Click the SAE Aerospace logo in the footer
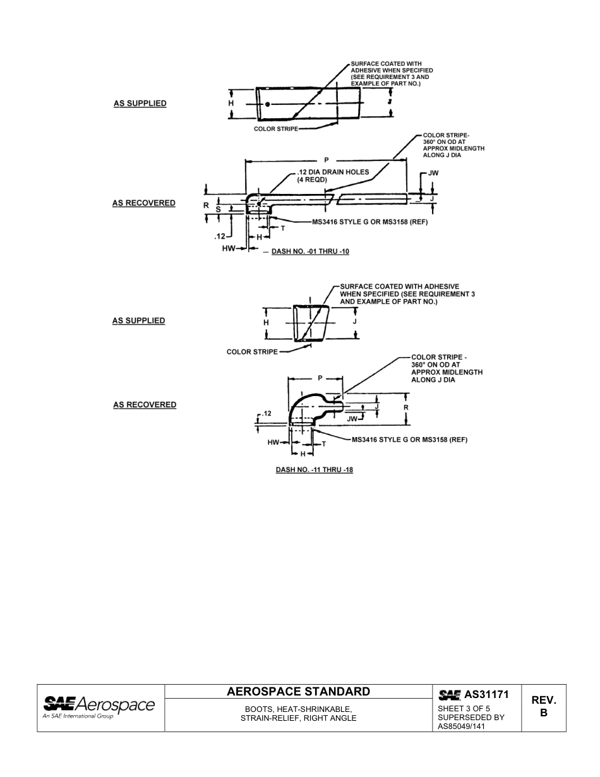[x=99, y=707]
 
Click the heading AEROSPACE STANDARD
[x=298, y=691]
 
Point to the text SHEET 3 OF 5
[x=464, y=708]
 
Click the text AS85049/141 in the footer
[x=462, y=726]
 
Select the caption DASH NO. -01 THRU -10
[x=310, y=251]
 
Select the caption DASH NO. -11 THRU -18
[x=314, y=471]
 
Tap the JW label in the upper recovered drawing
[x=433, y=173]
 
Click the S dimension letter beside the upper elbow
[x=218, y=208]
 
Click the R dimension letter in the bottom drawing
[x=406, y=407]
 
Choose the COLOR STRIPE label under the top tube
[x=275, y=129]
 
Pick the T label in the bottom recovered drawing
[x=324, y=443]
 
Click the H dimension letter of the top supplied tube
[x=231, y=103]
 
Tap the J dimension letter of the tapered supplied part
[x=355, y=322]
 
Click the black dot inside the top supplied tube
[x=268, y=104]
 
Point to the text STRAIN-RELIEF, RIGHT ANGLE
[x=298, y=718]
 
